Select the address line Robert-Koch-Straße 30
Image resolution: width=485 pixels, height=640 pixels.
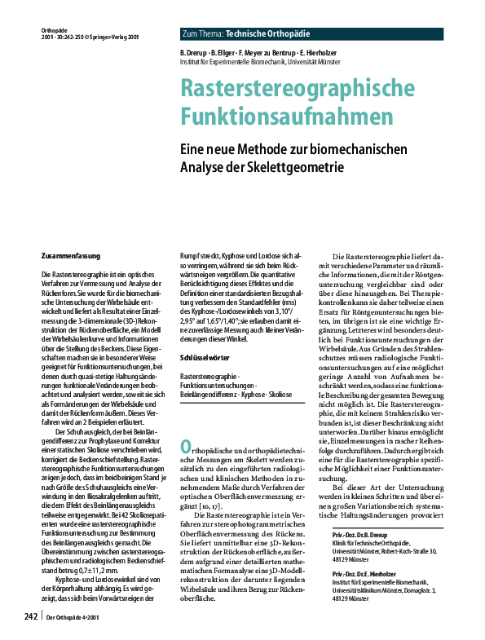[x=416, y=528]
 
